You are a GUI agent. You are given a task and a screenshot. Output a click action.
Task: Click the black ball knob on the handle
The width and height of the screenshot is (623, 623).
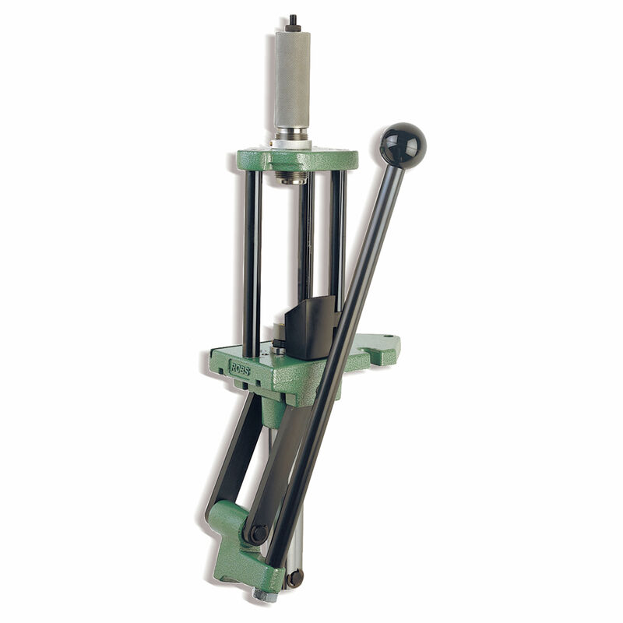[403, 145]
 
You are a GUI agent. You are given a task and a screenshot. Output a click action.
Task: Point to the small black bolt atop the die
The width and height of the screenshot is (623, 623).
[293, 23]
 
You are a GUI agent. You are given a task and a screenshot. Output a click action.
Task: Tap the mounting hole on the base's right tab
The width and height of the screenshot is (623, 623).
[387, 339]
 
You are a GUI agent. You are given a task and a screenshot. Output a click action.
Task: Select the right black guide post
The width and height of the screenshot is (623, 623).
[337, 234]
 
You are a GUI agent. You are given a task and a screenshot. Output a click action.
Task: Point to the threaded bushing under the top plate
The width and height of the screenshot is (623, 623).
[291, 178]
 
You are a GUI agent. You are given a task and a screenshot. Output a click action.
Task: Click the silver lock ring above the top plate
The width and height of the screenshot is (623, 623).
[291, 142]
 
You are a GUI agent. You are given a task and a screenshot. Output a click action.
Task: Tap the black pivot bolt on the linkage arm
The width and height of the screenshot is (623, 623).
[255, 534]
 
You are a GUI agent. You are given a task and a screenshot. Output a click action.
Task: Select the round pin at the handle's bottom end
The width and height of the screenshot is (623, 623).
[294, 578]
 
